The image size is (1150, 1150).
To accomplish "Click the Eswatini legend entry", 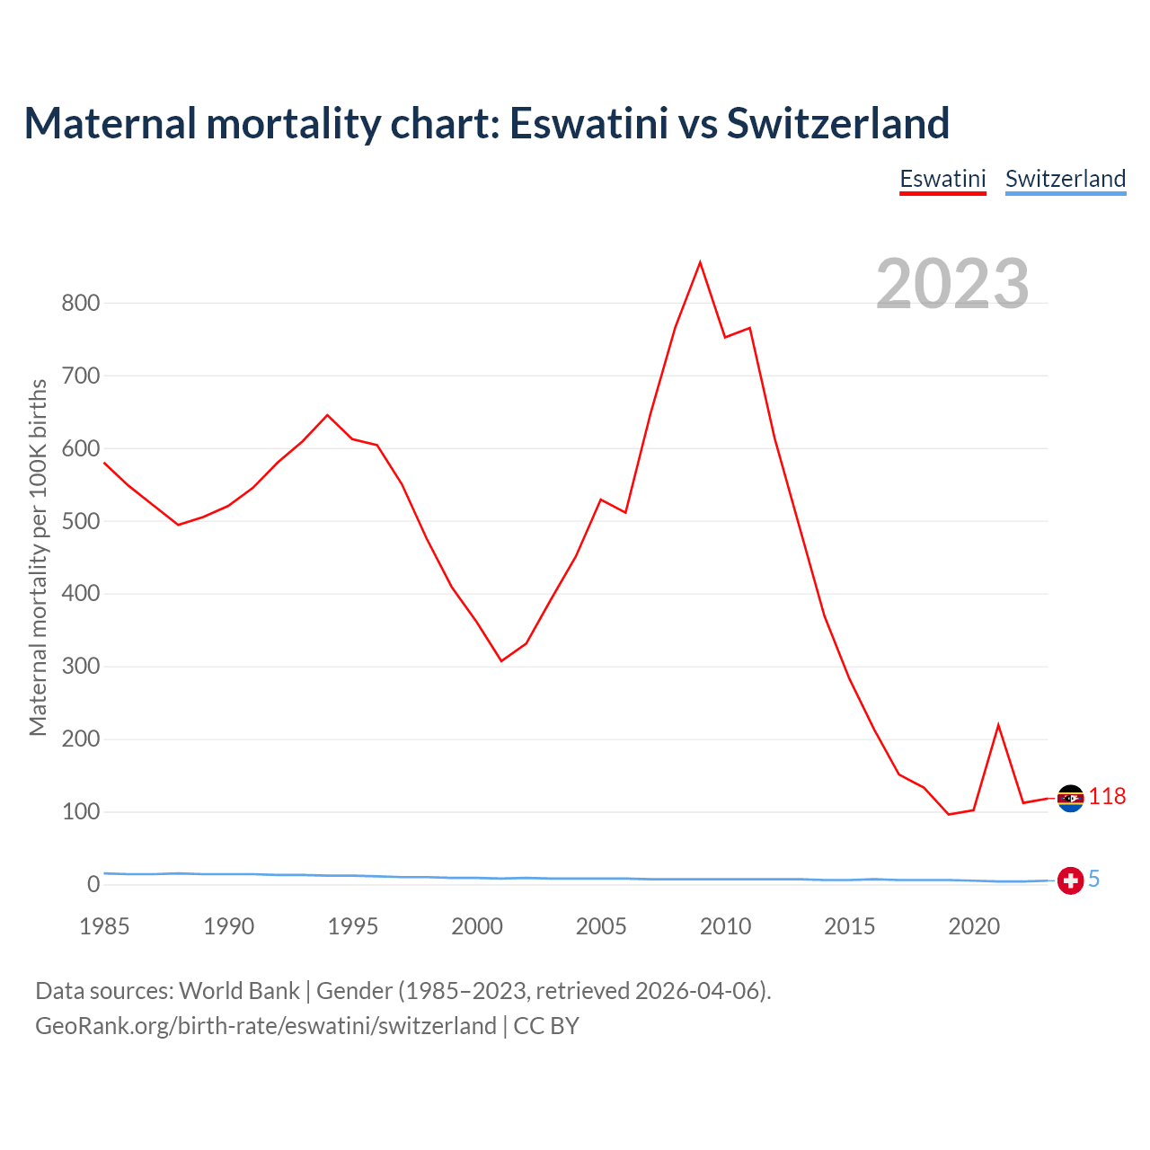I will point(942,179).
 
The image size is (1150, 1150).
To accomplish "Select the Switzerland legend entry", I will point(1065,179).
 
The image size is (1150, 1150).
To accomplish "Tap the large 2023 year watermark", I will point(952,284).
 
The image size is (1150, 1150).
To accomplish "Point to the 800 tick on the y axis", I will point(80,303).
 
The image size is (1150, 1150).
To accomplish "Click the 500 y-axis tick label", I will point(80,521).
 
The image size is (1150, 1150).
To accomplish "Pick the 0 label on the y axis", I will point(93,885).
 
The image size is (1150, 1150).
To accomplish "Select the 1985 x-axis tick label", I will point(104,926).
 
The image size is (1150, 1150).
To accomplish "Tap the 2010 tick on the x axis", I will point(725,926).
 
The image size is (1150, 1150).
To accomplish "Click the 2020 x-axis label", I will point(974,926).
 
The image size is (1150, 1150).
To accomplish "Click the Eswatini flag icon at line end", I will point(1070,798).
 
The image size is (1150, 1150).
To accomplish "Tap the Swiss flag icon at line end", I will point(1070,880).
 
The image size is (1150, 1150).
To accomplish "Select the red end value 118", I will point(1107,797).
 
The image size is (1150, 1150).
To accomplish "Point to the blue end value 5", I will point(1093,880).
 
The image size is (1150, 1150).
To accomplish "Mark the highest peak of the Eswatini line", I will point(700,262).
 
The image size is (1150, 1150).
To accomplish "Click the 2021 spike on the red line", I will point(998,725).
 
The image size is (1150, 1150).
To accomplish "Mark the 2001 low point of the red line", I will point(501,661).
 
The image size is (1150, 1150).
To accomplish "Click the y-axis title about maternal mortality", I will point(38,557).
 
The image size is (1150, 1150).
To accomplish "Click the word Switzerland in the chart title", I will point(837,123).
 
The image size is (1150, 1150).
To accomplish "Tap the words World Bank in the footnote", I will point(239,991).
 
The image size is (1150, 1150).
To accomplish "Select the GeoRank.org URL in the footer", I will point(266,1026).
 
